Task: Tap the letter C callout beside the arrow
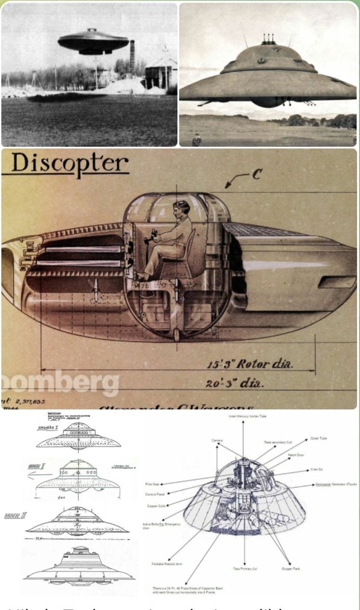(x=257, y=174)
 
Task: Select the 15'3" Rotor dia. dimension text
(x=250, y=364)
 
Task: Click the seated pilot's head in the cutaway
(x=182, y=208)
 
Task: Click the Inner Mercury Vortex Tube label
(x=243, y=416)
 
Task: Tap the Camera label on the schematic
(x=217, y=441)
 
